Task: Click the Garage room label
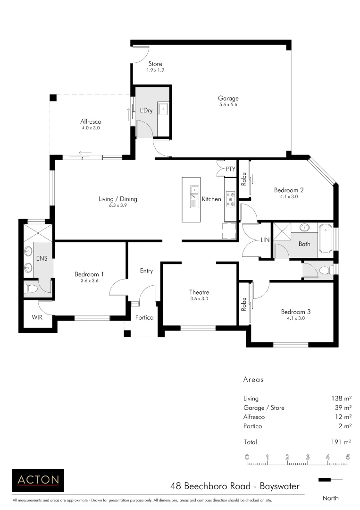228,99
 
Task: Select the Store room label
155,64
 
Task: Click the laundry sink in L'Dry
163,109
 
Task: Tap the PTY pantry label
230,169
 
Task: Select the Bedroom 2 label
288,190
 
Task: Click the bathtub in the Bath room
326,240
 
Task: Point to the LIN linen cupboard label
265,240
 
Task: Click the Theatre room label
199,292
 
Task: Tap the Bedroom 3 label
295,312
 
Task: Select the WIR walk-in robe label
37,317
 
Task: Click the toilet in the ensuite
31,288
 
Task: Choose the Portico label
144,317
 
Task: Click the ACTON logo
38,480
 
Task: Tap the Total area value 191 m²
340,442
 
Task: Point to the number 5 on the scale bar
348,457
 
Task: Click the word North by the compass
330,498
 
